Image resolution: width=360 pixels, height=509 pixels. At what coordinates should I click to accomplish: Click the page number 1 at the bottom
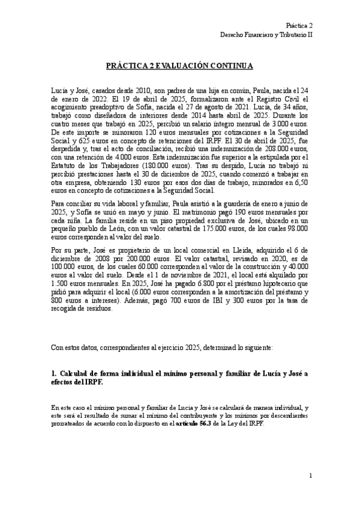311,476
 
